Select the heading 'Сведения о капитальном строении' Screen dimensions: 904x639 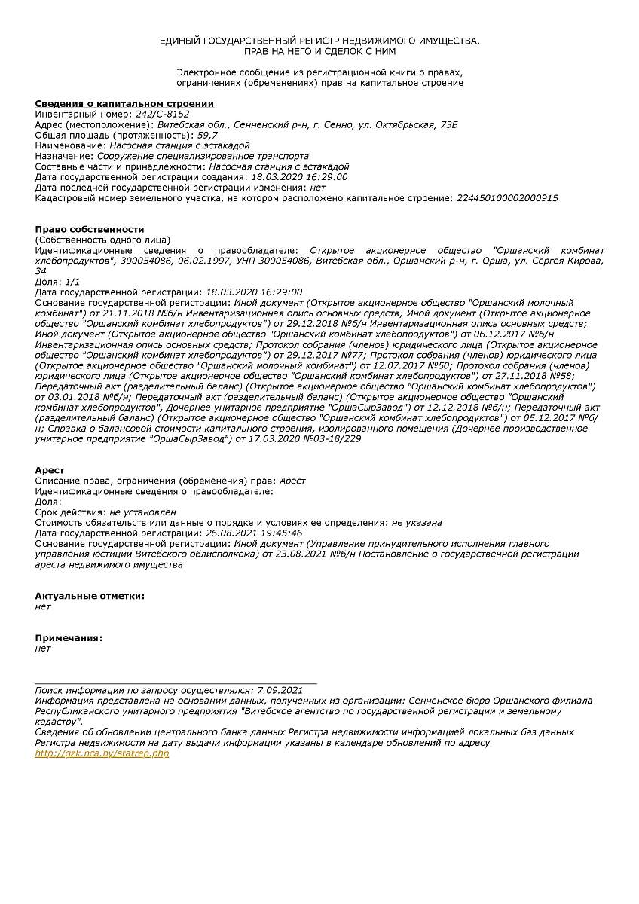tap(124, 103)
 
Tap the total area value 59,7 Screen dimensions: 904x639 tap(208, 135)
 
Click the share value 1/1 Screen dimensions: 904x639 tap(73, 281)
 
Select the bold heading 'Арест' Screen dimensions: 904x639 tap(50, 470)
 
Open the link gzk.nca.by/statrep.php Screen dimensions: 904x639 tap(102, 753)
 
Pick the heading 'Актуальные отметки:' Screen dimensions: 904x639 tap(90, 596)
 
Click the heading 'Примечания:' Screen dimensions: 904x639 tap(68, 638)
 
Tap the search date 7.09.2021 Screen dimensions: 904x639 tap(280, 689)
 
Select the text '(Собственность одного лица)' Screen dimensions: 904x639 tap(102, 240)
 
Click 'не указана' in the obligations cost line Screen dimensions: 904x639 tap(417, 522)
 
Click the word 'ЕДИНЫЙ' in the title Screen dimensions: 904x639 tap(180, 40)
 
